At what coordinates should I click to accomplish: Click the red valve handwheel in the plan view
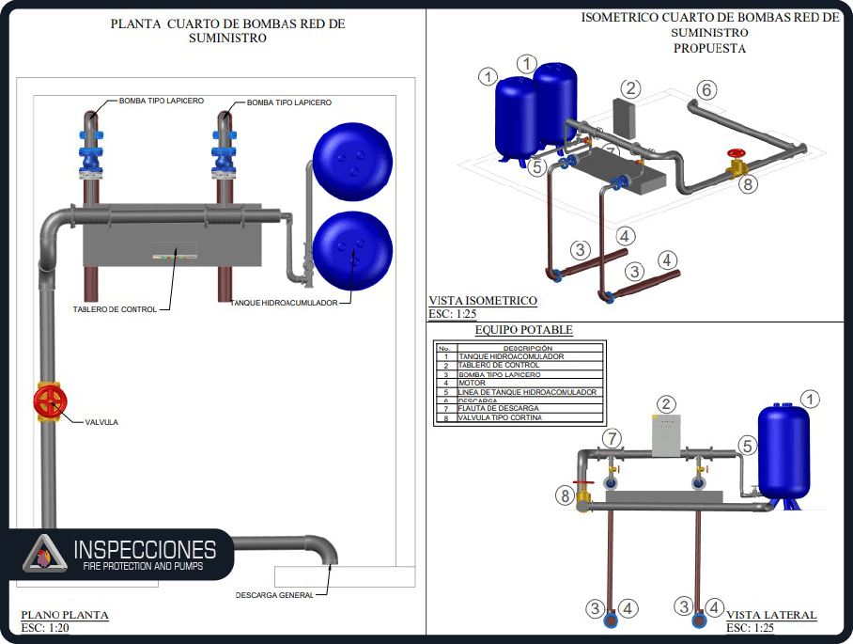(50, 402)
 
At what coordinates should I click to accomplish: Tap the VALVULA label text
(101, 422)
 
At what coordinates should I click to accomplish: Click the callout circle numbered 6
(706, 89)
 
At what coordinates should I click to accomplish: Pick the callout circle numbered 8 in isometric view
(748, 184)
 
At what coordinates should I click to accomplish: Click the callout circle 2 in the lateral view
(666, 405)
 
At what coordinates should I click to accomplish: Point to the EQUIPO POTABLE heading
(523, 330)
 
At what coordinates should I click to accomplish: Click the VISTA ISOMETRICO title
(483, 301)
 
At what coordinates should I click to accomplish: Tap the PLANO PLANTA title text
(65, 616)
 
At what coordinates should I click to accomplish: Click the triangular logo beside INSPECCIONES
(40, 553)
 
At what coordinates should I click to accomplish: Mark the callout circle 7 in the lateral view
(613, 438)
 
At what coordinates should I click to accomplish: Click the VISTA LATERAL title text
(771, 616)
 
